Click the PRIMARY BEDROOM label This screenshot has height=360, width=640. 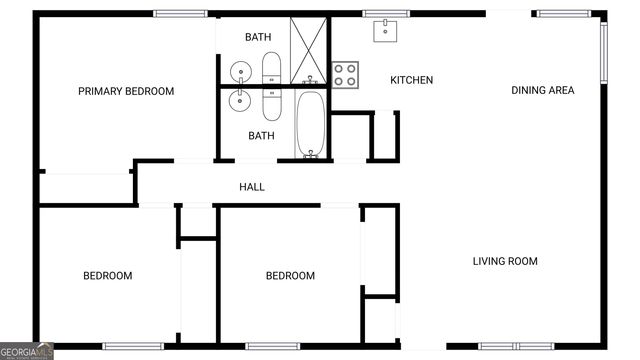tap(126, 91)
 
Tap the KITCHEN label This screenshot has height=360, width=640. tap(411, 80)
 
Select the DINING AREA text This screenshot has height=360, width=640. tap(543, 90)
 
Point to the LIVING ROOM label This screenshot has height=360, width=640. tap(505, 261)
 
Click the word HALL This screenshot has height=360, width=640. tap(252, 186)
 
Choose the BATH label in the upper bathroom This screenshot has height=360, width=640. tap(258, 37)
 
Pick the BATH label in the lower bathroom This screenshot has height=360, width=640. tap(261, 135)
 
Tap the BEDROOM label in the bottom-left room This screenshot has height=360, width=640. tap(107, 275)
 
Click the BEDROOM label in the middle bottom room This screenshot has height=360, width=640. tap(290, 275)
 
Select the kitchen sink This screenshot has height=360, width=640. tap(387, 30)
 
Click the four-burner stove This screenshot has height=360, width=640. tap(345, 73)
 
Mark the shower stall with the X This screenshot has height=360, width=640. tap(309, 49)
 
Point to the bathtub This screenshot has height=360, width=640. tap(310, 124)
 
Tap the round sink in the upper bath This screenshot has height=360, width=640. tap(240, 71)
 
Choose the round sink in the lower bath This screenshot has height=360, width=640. tap(240, 99)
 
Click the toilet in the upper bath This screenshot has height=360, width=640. tap(271, 69)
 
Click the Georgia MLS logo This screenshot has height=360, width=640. tap(27, 351)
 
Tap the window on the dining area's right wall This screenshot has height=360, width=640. tap(604, 53)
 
